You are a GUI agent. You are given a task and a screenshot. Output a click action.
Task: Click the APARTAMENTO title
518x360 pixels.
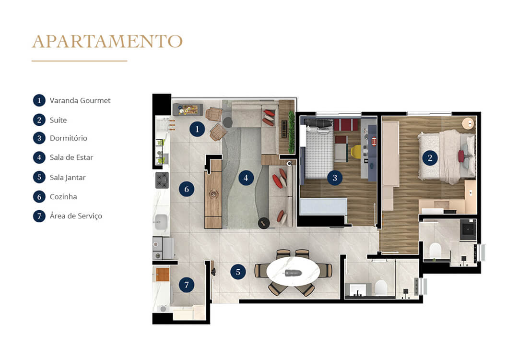(107, 41)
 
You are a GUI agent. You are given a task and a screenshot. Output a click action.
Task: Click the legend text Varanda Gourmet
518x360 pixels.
(80, 101)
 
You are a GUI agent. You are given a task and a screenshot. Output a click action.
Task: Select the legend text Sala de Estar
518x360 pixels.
(71, 157)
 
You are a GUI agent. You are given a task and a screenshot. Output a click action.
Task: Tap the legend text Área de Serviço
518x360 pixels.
(76, 216)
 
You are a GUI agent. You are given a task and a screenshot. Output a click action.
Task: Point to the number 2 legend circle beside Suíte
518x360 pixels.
(39, 120)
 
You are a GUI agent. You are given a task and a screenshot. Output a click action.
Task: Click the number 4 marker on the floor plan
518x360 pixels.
(246, 178)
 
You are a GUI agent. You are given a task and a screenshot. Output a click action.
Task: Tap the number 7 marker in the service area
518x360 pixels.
(187, 285)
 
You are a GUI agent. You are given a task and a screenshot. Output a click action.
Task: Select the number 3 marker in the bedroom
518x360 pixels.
(335, 178)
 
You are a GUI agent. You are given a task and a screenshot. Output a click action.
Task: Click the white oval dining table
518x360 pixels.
(293, 272)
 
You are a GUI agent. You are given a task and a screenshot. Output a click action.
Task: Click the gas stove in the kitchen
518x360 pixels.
(162, 180)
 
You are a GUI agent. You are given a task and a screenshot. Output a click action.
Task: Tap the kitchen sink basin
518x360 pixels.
(161, 222)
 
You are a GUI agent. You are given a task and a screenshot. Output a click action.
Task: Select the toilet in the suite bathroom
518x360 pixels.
(436, 251)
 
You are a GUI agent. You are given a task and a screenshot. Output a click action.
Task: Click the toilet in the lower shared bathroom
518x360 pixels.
(381, 288)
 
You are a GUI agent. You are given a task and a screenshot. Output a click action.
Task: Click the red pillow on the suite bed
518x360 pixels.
(461, 156)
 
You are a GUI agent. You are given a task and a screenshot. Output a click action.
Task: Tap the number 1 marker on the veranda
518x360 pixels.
(196, 129)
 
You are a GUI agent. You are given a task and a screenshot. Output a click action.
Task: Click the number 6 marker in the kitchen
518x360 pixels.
(186, 189)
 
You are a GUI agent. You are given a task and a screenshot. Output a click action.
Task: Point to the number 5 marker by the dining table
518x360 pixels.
(238, 272)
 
